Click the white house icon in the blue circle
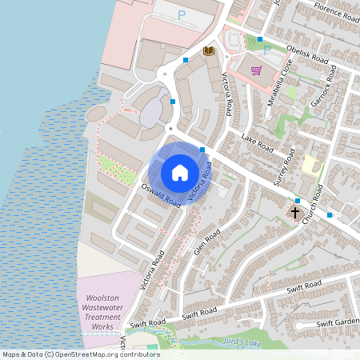[179, 172]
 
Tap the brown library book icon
[209, 51]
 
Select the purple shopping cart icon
[257, 70]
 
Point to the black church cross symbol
[295, 213]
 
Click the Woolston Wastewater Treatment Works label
[100, 312]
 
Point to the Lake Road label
[258, 146]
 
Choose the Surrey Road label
[285, 167]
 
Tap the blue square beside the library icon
[186, 59]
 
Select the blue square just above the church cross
[297, 200]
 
